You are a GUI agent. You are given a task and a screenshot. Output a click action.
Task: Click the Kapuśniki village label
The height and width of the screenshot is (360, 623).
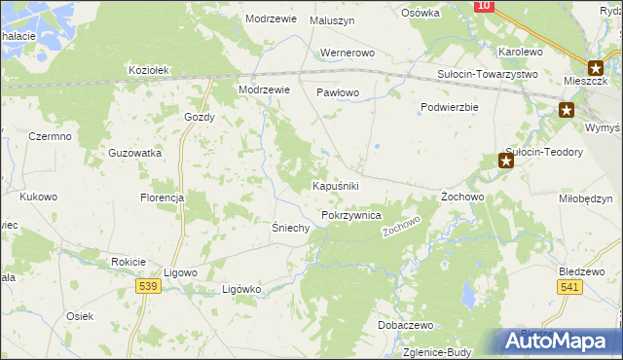pos(337,185)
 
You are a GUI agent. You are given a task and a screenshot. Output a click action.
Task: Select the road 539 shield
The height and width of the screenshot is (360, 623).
pos(148,285)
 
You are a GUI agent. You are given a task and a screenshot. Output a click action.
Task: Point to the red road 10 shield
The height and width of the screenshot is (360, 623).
pos(484,6)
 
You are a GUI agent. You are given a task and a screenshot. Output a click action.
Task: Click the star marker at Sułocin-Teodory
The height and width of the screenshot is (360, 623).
pos(505,161)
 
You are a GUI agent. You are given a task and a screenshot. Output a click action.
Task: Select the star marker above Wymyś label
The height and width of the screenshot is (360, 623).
pos(567,111)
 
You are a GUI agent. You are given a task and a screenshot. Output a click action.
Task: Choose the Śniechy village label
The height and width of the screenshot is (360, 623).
pos(290,228)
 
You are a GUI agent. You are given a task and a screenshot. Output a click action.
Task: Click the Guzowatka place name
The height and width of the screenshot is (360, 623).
pos(135,154)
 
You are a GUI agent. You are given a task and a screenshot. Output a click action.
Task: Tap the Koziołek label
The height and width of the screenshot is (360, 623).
pos(150,70)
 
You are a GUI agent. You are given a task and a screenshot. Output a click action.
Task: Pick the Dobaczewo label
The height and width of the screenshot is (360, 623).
pos(406,325)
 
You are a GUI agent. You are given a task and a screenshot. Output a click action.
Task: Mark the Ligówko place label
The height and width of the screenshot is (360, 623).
pos(242,289)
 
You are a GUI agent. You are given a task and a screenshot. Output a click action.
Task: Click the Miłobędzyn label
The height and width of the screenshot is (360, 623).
pos(586,198)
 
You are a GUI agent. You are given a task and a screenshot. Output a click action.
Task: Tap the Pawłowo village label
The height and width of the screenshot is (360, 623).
pos(338,93)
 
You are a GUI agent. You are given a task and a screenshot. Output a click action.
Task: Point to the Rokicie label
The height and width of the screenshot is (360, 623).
pos(128,262)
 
